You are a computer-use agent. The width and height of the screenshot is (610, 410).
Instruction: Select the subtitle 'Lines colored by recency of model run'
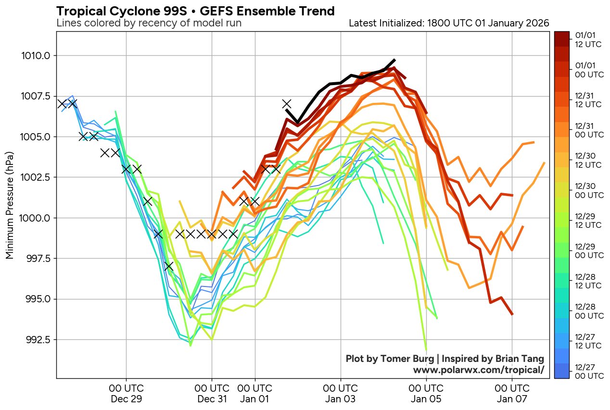149,23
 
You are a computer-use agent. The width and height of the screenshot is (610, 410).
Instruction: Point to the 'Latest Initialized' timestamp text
449,23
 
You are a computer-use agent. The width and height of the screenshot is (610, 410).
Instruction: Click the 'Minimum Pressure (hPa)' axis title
10,206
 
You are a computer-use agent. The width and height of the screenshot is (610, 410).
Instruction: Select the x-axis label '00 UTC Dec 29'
126,393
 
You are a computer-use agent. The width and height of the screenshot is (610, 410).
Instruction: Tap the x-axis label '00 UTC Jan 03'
341,393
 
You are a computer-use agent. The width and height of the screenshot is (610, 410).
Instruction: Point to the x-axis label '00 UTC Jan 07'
512,393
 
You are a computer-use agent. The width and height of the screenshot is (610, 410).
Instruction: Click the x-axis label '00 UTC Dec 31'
212,393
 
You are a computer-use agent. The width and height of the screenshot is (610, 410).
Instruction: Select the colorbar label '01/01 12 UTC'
588,39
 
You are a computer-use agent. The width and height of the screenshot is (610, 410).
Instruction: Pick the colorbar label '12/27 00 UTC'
588,372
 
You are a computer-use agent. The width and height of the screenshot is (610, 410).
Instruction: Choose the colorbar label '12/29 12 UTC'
588,221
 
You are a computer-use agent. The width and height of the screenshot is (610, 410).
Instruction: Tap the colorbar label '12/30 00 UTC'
588,190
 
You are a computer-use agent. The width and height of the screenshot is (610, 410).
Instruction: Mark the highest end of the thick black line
395,60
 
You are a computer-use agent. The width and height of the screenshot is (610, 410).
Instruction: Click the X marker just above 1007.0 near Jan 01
287,103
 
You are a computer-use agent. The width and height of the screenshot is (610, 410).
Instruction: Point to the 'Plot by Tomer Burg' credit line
445,359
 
